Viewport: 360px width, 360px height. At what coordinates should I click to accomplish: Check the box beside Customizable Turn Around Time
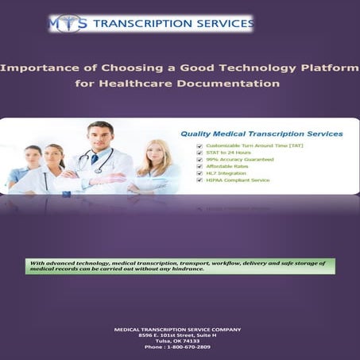pos(199,146)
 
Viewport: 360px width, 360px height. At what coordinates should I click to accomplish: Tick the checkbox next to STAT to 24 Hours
pos(199,153)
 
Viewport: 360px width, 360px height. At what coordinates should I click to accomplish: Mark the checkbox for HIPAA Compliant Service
pos(199,180)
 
